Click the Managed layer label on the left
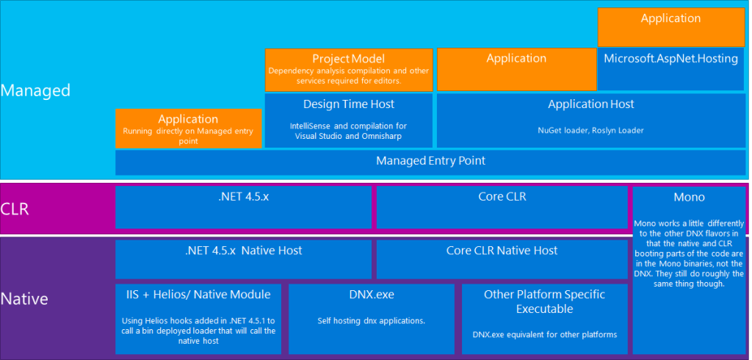(35, 90)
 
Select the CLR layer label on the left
(15, 209)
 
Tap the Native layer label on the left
(24, 299)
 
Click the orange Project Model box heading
(348, 59)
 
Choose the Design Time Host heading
(348, 104)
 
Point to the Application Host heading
(590, 104)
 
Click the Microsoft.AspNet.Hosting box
(670, 59)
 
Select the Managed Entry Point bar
(430, 161)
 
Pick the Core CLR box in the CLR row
(501, 197)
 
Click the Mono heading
(688, 197)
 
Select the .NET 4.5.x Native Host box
(244, 251)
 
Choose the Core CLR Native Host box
(502, 251)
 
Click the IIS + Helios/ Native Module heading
(198, 295)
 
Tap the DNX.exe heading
(371, 295)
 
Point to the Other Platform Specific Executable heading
(544, 301)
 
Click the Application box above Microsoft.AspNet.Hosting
(670, 19)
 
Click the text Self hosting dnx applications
(371, 320)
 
